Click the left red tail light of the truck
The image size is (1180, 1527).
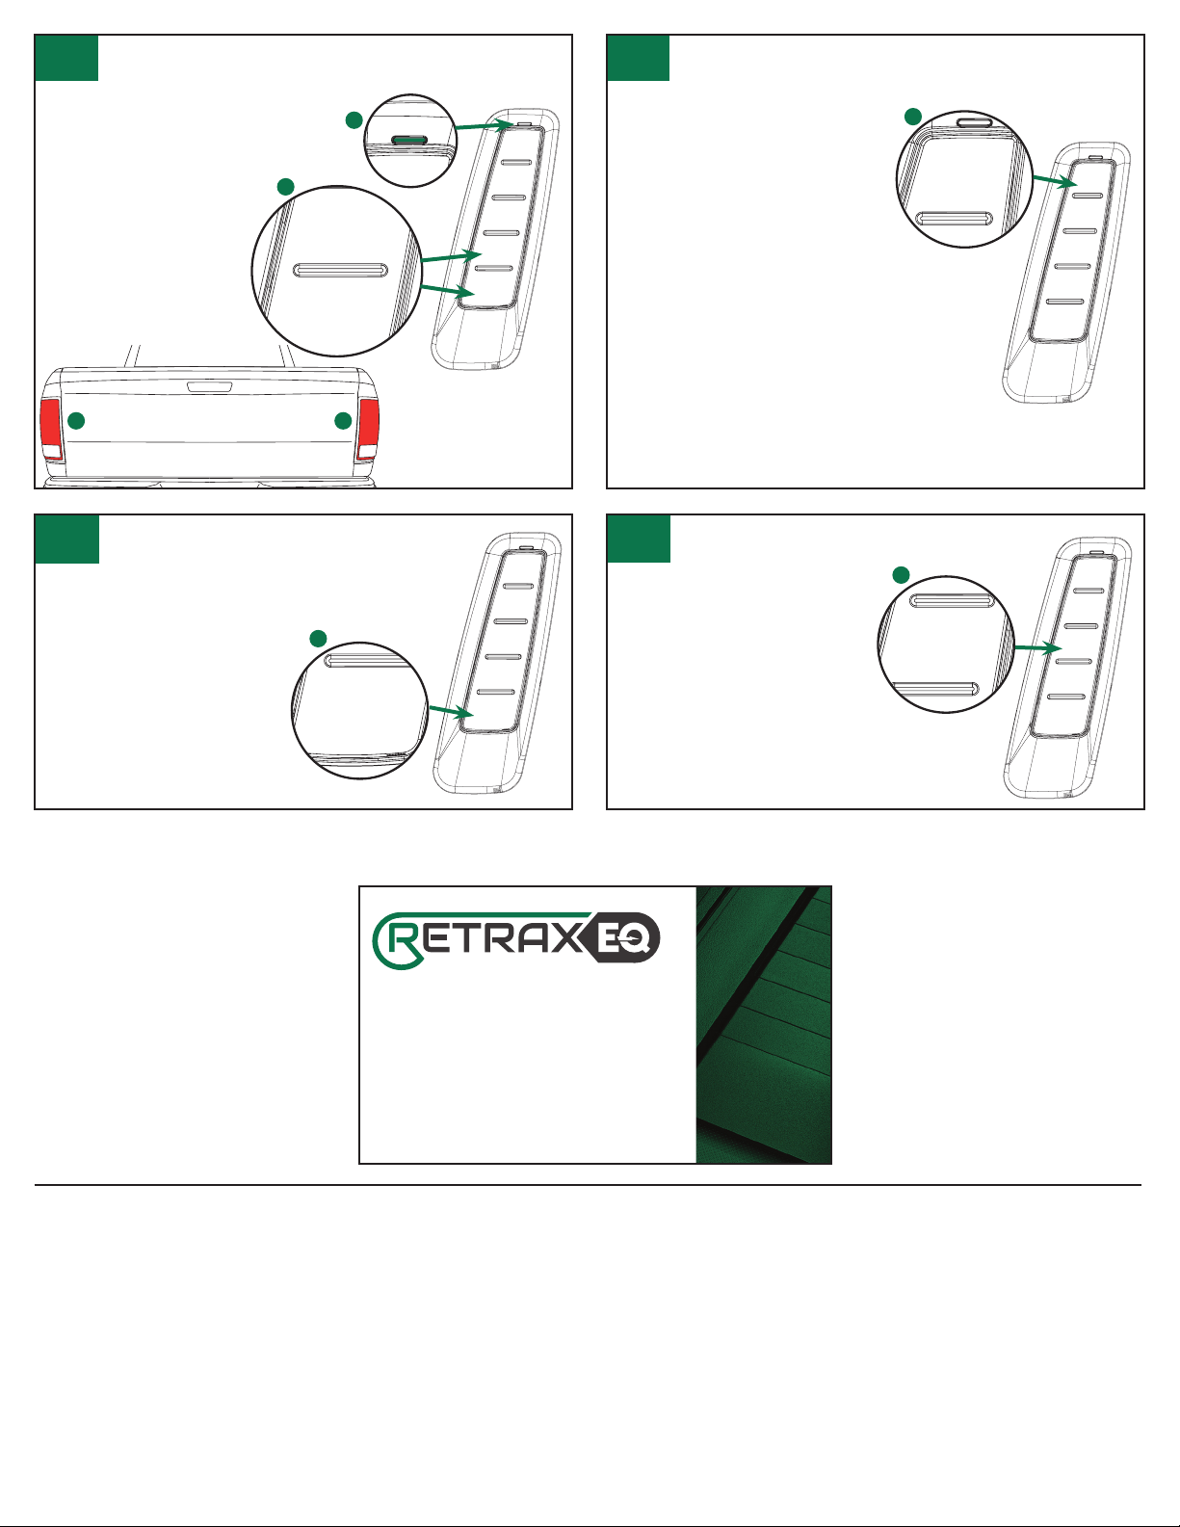pyautogui.click(x=50, y=429)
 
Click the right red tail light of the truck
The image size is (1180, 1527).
pyautogui.click(x=370, y=429)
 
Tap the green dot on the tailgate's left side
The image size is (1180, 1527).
pyautogui.click(x=76, y=421)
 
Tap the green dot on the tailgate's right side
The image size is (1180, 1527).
pyautogui.click(x=343, y=421)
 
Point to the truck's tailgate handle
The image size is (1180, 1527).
pyautogui.click(x=209, y=385)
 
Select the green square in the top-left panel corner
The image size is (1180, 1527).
pyautogui.click(x=66, y=58)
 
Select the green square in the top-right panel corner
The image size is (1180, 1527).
pyautogui.click(x=639, y=58)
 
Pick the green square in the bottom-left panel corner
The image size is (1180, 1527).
pyautogui.click(x=67, y=539)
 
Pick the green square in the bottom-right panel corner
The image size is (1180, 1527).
pyautogui.click(x=640, y=539)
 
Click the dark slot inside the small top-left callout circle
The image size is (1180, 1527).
pyautogui.click(x=408, y=140)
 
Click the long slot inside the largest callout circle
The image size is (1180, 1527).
pyautogui.click(x=340, y=270)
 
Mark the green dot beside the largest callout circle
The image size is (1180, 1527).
pyautogui.click(x=285, y=186)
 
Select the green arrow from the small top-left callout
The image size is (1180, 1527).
pyautogui.click(x=485, y=125)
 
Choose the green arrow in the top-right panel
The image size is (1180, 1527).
pyautogui.click(x=1055, y=181)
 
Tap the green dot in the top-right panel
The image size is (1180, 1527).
pyautogui.click(x=912, y=117)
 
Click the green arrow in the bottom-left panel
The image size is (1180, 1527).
pyautogui.click(x=451, y=712)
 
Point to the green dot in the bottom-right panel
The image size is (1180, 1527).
pyautogui.click(x=901, y=575)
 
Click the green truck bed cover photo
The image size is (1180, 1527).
pyautogui.click(x=764, y=1024)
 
